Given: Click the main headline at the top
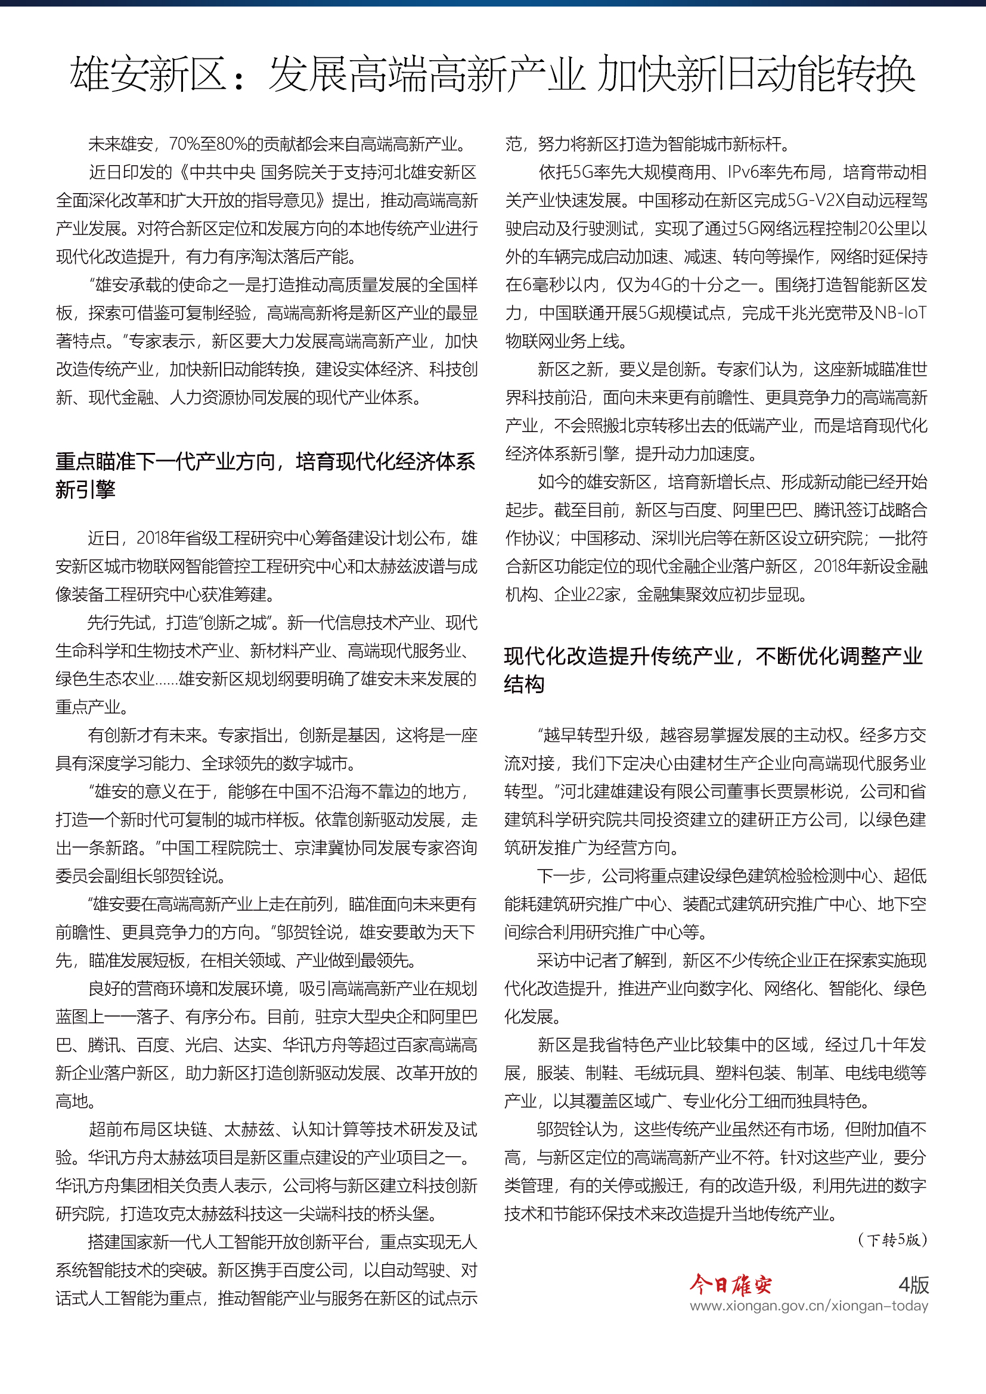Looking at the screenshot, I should (x=492, y=74).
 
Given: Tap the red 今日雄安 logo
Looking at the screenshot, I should (x=730, y=1284).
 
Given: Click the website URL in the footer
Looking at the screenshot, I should (x=808, y=1305).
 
